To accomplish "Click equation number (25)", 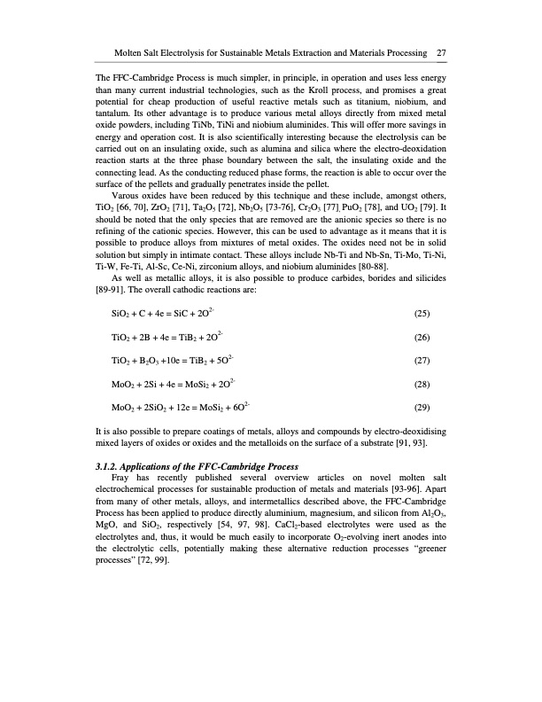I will pos(425,313).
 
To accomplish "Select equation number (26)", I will pos(425,337).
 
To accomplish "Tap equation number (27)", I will pos(425,361).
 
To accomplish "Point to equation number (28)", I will pos(425,385).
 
